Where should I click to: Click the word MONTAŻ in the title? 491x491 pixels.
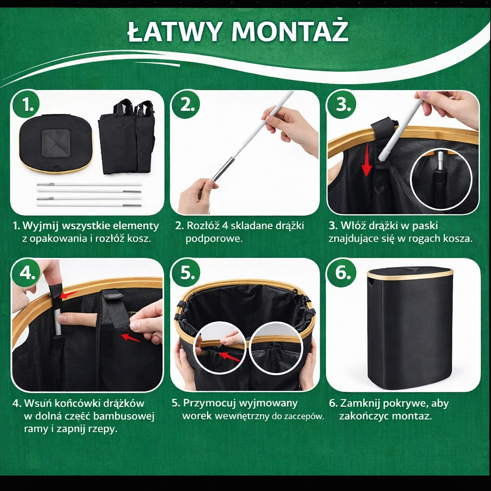point(290,31)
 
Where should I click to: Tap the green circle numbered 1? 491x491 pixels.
point(26,105)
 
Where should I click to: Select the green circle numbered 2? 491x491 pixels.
point(186,105)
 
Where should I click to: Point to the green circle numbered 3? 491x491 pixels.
point(341,105)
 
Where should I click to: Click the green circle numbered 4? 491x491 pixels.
point(26,273)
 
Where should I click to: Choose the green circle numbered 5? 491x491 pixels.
point(186,273)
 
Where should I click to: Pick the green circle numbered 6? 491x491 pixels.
point(341,273)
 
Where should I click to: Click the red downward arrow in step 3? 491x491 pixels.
point(366,160)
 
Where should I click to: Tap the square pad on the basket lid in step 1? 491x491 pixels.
point(56,143)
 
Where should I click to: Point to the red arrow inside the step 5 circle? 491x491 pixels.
point(229,357)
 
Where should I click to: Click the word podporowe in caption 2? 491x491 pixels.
point(214,239)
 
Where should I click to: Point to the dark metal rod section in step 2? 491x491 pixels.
point(223,170)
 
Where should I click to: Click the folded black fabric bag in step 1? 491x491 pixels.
point(127,138)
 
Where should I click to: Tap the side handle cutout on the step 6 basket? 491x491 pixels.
point(372,282)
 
